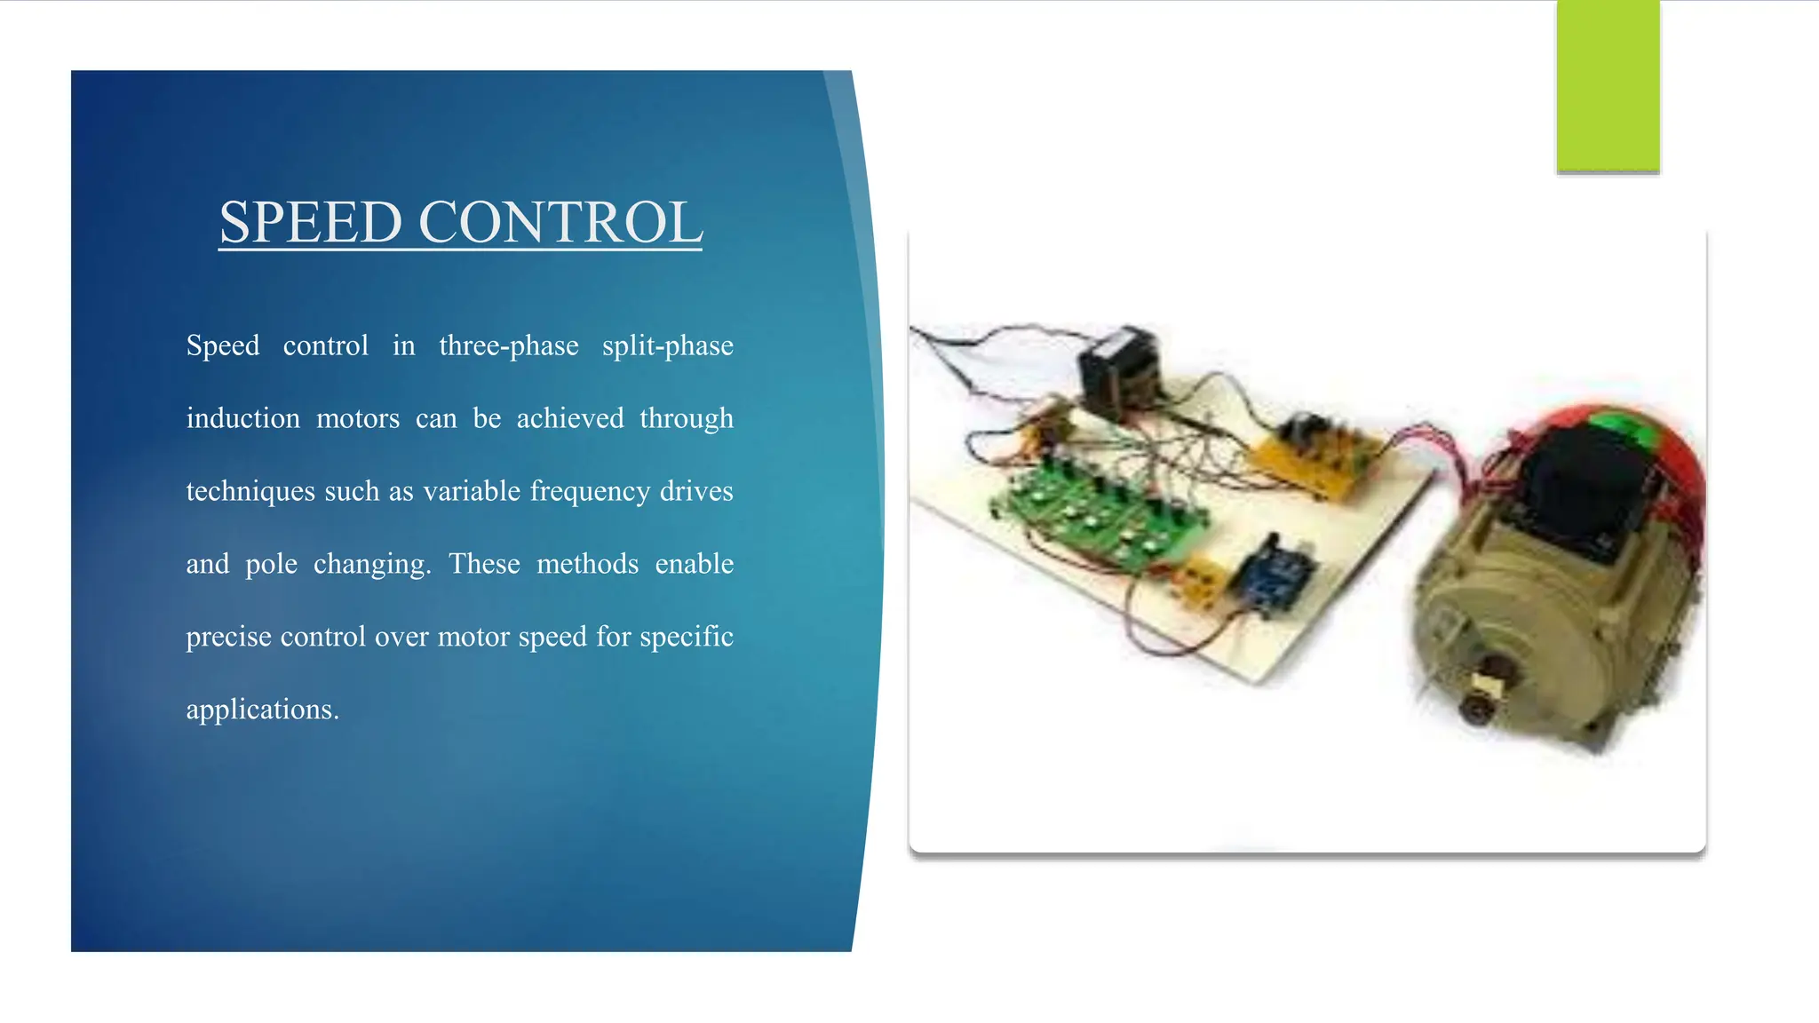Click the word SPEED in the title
[x=310, y=222]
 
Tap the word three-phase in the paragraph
[x=508, y=345]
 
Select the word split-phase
[x=668, y=345]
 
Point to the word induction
[x=242, y=418]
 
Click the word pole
[x=271, y=564]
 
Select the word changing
[x=371, y=565]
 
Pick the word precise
[x=228, y=637]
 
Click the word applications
[x=262, y=710]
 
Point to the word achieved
[x=570, y=418]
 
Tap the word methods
[x=587, y=564]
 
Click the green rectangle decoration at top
[x=1608, y=85]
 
